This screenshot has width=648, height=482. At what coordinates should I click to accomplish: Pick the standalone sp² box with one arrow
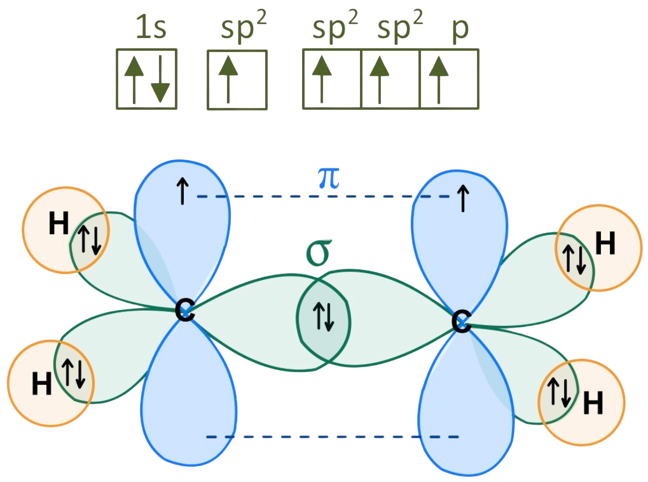[237, 80]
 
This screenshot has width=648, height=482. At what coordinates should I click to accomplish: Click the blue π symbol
[328, 180]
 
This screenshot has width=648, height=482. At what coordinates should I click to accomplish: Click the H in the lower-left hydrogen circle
[42, 384]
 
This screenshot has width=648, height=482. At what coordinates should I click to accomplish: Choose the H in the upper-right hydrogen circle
[605, 244]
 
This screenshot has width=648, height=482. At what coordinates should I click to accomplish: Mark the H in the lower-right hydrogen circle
[593, 403]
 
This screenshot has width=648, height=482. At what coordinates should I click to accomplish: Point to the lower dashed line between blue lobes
[333, 437]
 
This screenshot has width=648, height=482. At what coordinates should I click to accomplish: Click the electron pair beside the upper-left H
[89, 241]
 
